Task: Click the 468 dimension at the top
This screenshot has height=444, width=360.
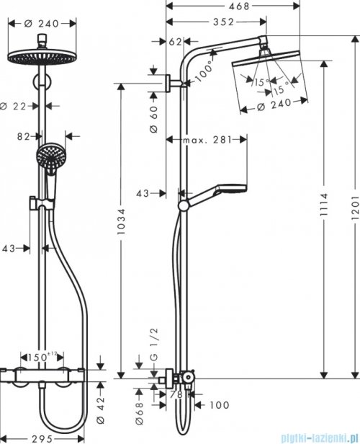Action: pos(227,6)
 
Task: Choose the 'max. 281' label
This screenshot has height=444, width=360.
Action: pos(205,139)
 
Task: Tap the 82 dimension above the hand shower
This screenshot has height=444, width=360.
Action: pos(25,134)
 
